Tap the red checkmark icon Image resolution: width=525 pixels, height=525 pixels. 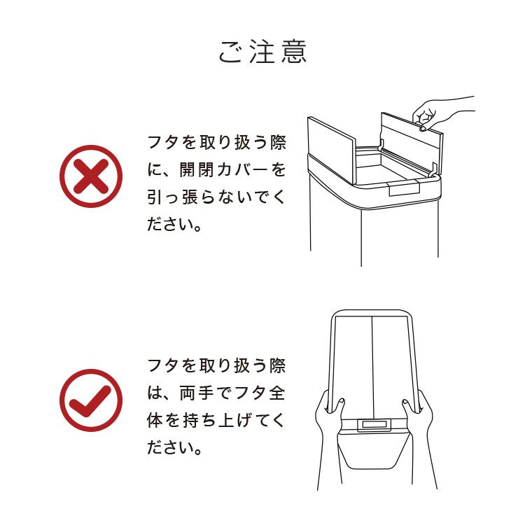[x=90, y=400]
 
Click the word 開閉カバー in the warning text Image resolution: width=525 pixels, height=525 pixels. [x=223, y=169]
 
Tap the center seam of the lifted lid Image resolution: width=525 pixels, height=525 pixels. [x=371, y=364]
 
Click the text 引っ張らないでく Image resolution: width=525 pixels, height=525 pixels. [x=216, y=198]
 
